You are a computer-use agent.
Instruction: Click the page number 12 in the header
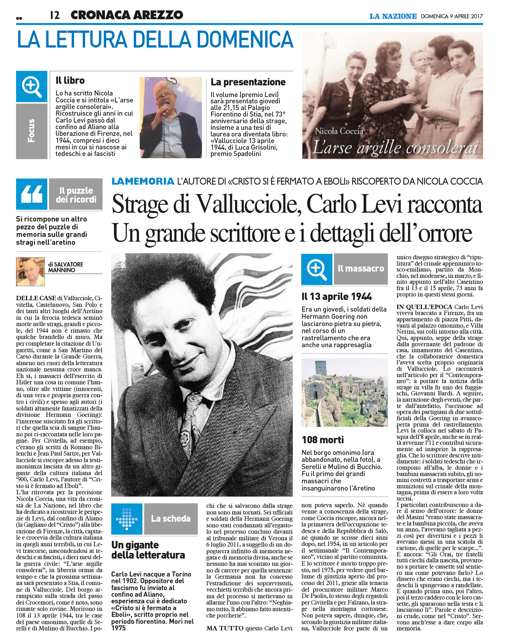(x=55, y=15)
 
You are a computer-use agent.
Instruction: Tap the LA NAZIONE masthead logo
(x=393, y=16)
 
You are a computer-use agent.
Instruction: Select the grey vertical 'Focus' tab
(x=32, y=131)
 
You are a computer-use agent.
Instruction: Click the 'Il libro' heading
(x=70, y=81)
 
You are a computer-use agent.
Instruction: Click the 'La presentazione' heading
(x=248, y=82)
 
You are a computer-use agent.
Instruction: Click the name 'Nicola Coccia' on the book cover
(x=339, y=131)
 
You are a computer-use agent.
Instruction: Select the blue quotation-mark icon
(x=32, y=194)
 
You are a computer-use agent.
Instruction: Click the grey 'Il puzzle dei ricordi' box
(x=76, y=194)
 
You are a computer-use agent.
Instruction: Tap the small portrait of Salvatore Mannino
(x=30, y=272)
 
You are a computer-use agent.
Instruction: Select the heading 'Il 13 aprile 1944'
(x=337, y=296)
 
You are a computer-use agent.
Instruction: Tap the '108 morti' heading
(x=323, y=440)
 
